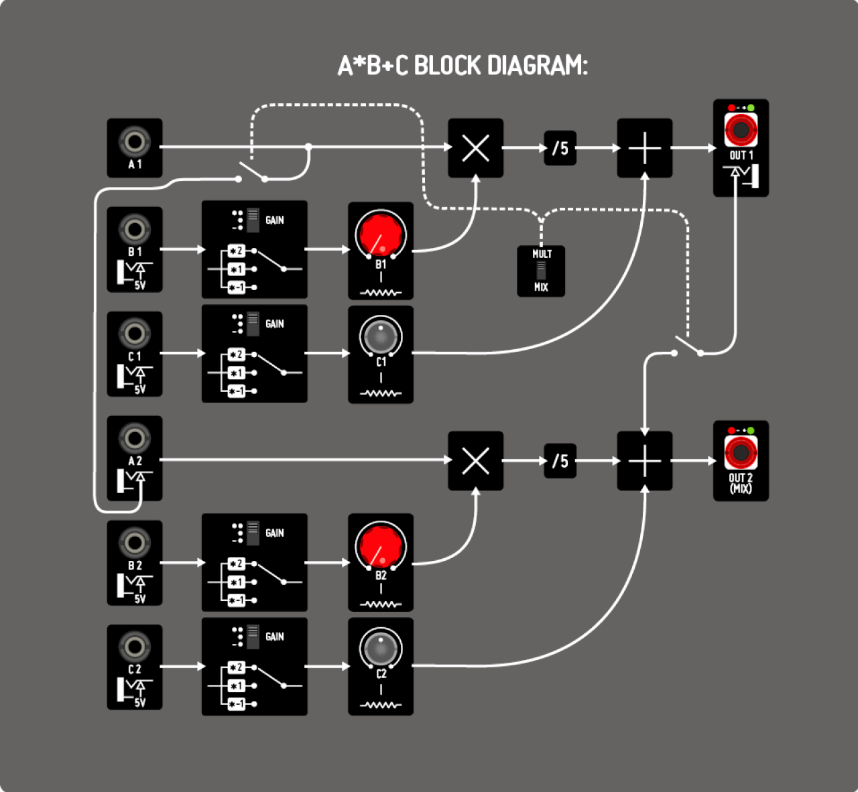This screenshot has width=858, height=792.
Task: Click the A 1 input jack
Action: pos(134,142)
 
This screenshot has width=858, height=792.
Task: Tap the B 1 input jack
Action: pos(134,229)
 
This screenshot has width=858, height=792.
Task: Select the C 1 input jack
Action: pos(134,333)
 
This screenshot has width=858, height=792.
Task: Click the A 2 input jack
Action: pos(134,438)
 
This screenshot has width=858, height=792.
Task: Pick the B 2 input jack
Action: pos(134,542)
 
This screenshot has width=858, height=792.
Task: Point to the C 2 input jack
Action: pos(134,647)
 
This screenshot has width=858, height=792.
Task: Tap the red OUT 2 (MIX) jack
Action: pos(741,452)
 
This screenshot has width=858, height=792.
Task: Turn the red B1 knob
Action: pos(380,234)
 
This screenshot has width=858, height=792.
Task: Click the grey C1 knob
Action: pos(380,336)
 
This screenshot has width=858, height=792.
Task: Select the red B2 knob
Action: pos(380,546)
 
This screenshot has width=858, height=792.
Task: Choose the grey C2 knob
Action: pos(380,648)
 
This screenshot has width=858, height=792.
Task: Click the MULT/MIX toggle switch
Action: pos(541,271)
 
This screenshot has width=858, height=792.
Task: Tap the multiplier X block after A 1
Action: pos(475,148)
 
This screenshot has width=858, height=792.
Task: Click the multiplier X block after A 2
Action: pos(475,460)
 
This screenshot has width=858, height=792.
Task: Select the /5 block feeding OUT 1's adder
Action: pos(560,148)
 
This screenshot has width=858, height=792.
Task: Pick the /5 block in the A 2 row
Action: pos(560,460)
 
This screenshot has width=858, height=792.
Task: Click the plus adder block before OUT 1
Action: pos(644,148)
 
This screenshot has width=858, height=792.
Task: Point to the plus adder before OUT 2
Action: pos(644,460)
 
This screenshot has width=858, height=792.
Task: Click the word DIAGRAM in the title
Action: pos(536,66)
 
